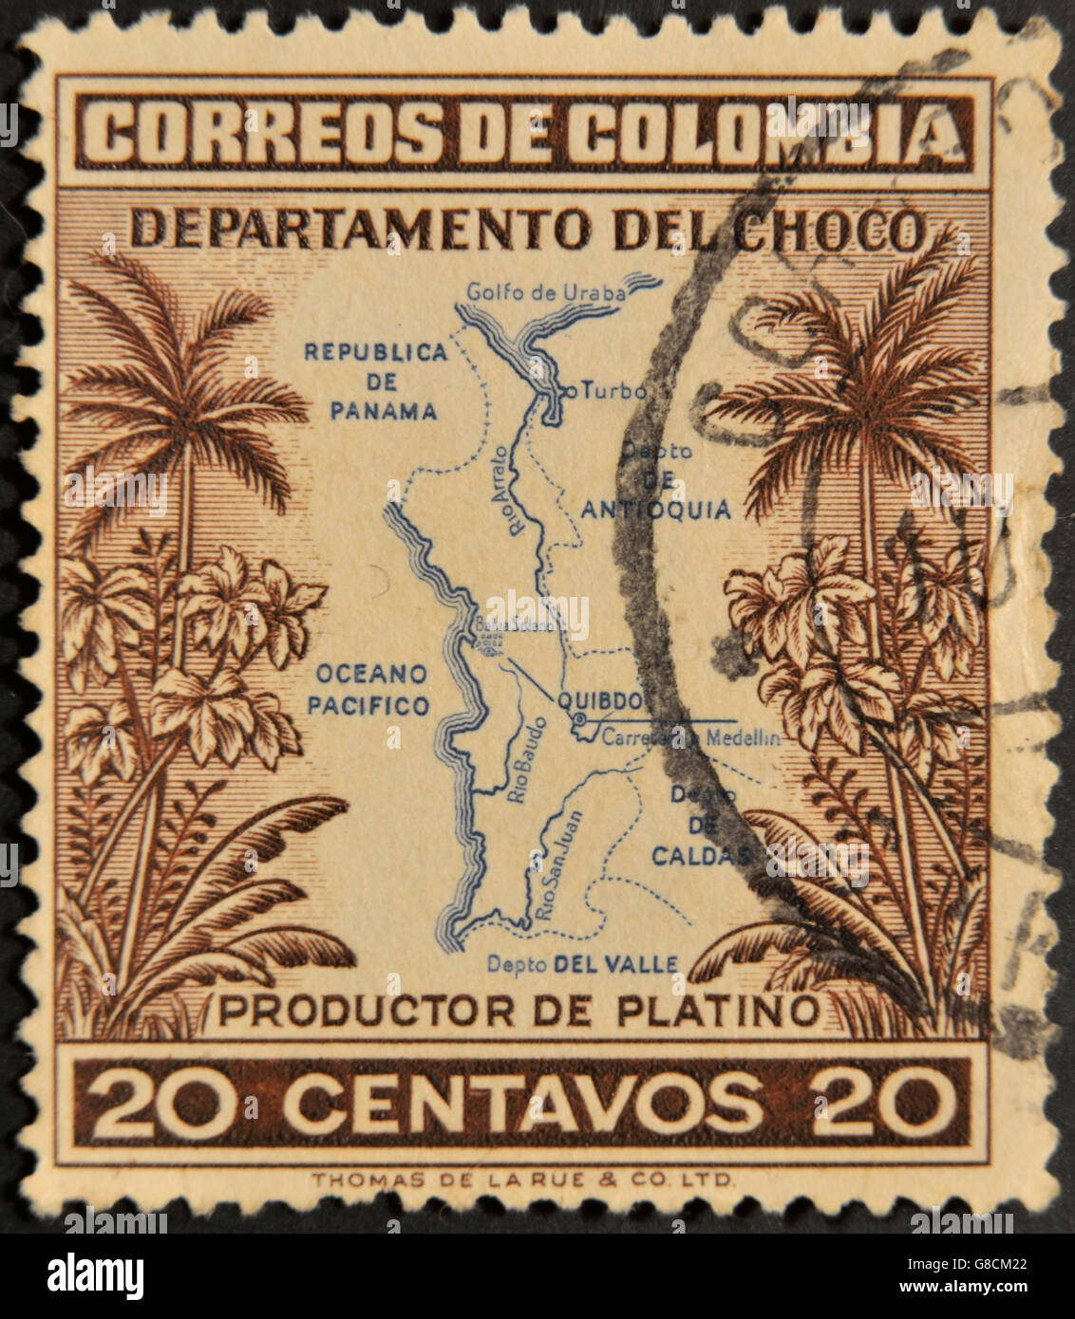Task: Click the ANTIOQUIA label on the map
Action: pos(655,511)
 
